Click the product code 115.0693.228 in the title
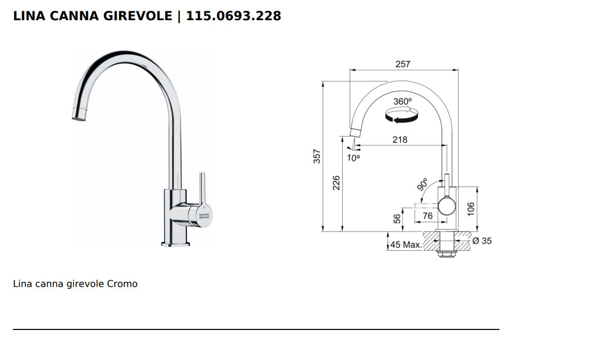pos(233,16)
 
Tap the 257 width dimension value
pos(402,64)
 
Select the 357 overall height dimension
pos(317,156)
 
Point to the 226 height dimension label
pos(336,182)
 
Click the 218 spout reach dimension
pos(400,139)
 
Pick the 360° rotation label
pos(402,102)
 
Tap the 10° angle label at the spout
pos(353,158)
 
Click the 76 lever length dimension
pos(427,215)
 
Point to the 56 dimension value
pos(397,219)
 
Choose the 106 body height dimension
pos(470,209)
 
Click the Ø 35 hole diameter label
pos(482,241)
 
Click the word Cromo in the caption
pos(123,284)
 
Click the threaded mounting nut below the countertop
pos(446,253)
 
